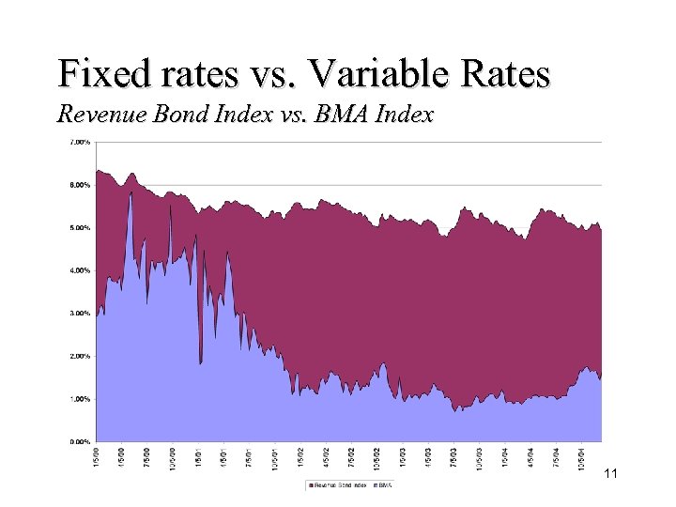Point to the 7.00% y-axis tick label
pyautogui.click(x=80, y=142)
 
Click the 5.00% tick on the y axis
pyautogui.click(x=80, y=227)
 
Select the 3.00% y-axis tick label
pyautogui.click(x=80, y=313)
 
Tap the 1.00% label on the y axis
pyautogui.click(x=80, y=398)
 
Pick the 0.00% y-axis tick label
pyautogui.click(x=80, y=441)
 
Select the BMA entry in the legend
pyautogui.click(x=385, y=485)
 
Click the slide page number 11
pyautogui.click(x=610, y=474)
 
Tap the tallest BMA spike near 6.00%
pyautogui.click(x=131, y=194)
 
